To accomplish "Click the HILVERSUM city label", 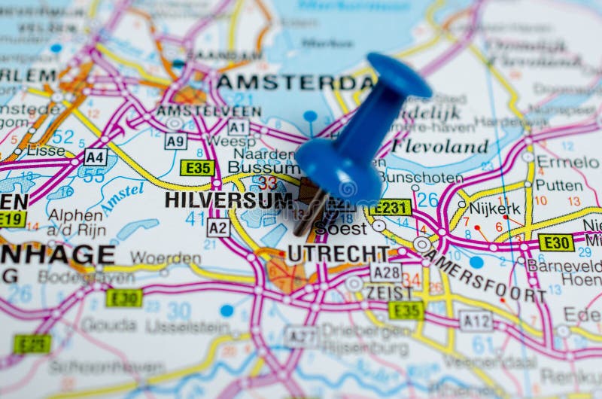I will click(x=228, y=200).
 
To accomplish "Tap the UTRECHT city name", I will click(x=338, y=253).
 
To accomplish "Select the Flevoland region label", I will click(x=439, y=145).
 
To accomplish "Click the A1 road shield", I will click(x=239, y=127).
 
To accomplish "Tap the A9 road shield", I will click(x=176, y=141).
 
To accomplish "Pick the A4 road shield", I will click(x=95, y=157).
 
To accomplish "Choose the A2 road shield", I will click(x=218, y=227).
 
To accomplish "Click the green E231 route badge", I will click(x=391, y=207).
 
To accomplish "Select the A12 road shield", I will click(x=476, y=321).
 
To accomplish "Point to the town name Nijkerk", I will click(x=495, y=209).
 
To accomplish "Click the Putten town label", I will click(x=558, y=185).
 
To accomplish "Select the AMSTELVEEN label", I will click(x=208, y=111).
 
